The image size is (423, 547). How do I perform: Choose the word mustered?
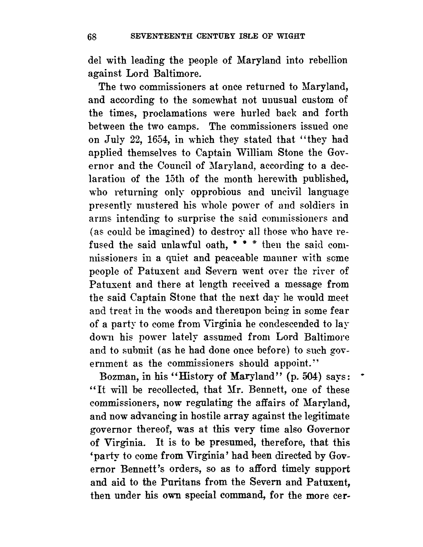156,205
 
